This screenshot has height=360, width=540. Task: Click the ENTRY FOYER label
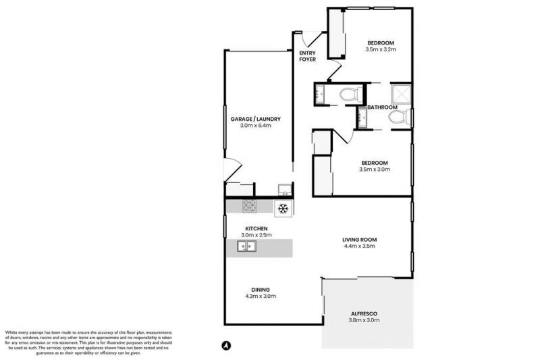[x=307, y=56]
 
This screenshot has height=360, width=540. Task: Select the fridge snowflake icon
[x=283, y=207]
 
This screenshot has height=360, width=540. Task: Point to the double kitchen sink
[x=246, y=247]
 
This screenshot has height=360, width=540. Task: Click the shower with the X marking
[x=400, y=93]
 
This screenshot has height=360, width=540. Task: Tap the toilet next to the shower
[x=398, y=118]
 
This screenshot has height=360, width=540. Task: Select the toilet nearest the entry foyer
[x=349, y=95]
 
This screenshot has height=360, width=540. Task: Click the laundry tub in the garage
[x=284, y=189]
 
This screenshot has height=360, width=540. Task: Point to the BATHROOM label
[x=382, y=107]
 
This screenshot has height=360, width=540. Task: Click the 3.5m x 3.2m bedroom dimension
[x=380, y=49]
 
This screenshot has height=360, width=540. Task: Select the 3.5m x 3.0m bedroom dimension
[x=375, y=170]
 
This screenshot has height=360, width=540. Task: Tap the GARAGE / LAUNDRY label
[x=251, y=120]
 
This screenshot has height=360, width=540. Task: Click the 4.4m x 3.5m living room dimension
[x=359, y=247]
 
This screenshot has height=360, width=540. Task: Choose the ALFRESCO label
[x=364, y=313]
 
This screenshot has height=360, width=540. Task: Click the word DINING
[x=261, y=289]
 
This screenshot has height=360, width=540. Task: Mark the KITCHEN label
[x=256, y=228]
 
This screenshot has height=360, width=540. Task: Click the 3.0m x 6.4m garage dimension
[x=251, y=126]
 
